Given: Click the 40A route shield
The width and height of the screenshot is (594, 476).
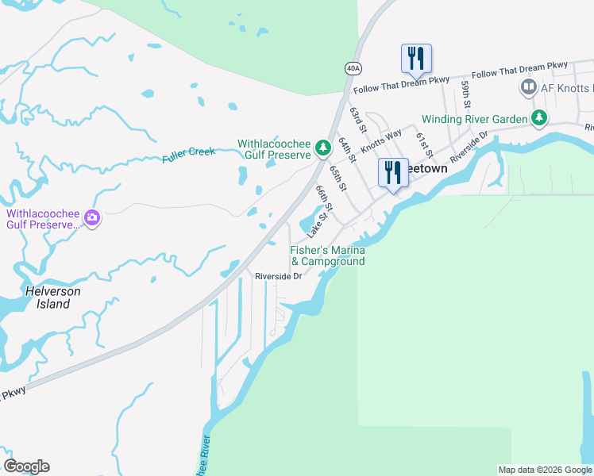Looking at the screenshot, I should (352, 68).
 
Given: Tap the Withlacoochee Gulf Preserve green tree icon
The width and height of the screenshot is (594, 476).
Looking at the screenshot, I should (322, 148).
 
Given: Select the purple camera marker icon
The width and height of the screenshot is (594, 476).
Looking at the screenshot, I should (93, 217).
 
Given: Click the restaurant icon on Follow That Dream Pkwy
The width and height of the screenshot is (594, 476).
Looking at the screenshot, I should (416, 58).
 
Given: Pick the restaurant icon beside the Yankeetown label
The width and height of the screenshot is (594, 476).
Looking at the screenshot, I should (393, 172).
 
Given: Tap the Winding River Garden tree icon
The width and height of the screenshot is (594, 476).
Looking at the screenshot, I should (539, 118).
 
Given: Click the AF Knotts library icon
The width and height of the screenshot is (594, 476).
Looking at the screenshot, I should (527, 86).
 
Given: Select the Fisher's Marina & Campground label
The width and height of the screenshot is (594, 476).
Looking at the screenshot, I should (327, 255).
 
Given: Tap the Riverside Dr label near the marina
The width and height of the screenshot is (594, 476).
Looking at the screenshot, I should (278, 276).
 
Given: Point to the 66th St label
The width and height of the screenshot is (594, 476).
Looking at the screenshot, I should (323, 198).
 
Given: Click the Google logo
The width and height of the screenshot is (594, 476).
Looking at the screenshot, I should (26, 466).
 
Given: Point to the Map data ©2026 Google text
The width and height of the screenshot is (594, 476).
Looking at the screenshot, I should (544, 470).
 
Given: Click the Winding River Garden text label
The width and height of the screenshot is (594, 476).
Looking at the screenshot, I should (474, 119).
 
